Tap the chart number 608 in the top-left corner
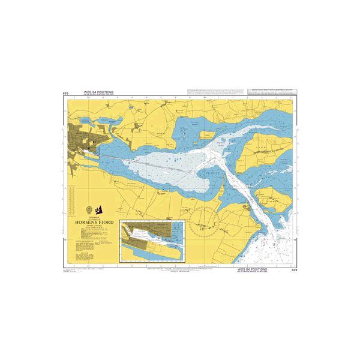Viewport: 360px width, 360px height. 65,93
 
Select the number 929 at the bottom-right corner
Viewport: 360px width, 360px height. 294,271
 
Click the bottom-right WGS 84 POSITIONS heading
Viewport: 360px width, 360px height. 253,270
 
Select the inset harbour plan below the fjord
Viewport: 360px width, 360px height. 151,241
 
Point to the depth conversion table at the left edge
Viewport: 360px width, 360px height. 71,198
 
